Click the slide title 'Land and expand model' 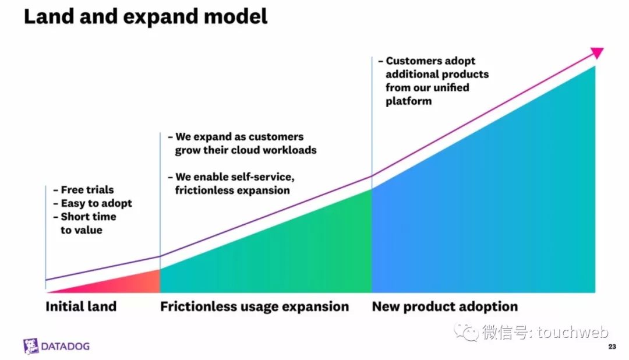pos(146,17)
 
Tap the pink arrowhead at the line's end pos(598,52)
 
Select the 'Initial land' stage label pos(81,306)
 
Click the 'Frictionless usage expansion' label pos(255,306)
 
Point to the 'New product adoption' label pos(445,306)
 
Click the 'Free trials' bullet pos(87,189)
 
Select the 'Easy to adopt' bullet pos(96,203)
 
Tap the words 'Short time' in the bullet pos(89,217)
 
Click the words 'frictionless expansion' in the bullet pos(232,190)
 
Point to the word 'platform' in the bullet pos(409,101)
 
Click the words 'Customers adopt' pos(430,61)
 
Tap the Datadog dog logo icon pos(30,346)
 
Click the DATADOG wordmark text pos(65,347)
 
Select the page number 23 pos(612,347)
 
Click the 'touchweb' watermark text pos(573,332)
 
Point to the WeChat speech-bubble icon pos(467,332)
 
